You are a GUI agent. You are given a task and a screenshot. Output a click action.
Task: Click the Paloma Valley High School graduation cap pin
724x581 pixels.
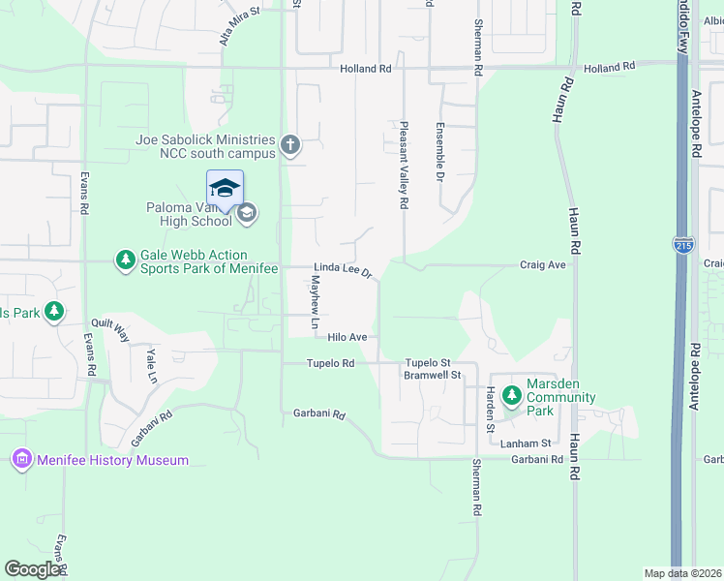(225, 188)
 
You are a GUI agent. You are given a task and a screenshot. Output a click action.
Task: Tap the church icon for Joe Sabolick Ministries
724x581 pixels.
(289, 146)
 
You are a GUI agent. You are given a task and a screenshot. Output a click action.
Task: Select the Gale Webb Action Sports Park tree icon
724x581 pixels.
(125, 260)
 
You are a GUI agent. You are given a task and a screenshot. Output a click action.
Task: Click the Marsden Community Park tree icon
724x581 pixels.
(511, 395)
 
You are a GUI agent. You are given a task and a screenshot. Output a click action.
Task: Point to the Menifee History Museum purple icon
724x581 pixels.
(22, 460)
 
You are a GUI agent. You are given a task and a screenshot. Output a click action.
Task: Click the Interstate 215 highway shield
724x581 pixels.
(683, 246)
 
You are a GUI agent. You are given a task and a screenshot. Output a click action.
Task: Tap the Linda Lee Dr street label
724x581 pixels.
(343, 270)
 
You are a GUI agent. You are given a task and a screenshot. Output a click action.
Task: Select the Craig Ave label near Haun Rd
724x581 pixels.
(542, 264)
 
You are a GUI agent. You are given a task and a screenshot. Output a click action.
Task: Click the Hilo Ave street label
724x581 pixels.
(347, 337)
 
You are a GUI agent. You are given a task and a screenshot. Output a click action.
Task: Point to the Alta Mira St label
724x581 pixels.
(240, 25)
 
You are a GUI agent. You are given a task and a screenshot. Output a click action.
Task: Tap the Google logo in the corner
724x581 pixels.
(32, 569)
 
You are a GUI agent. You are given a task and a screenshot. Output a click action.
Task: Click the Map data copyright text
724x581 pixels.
(682, 573)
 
